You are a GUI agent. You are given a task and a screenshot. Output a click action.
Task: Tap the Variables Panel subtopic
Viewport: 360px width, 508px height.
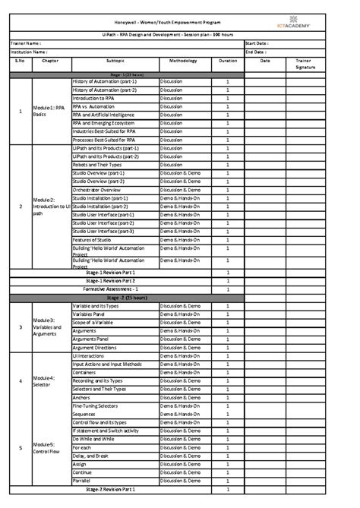pos(89,314)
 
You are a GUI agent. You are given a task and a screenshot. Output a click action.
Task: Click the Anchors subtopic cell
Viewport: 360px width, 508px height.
pos(81,397)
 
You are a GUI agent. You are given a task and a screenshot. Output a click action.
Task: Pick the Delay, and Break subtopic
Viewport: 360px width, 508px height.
pos(91,456)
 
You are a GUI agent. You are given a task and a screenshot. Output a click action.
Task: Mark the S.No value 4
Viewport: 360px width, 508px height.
pos(20,380)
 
